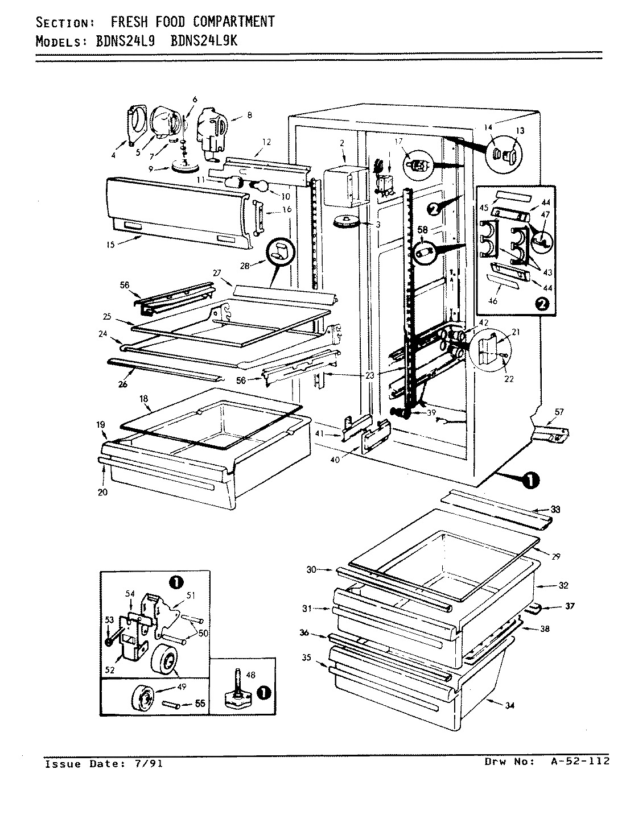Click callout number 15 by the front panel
pos(110,245)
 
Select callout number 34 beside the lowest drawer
pos(510,706)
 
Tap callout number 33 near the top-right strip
pos(555,510)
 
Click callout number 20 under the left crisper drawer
pos(102,493)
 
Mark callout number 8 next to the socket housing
pos(249,115)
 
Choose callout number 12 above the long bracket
pos(266,142)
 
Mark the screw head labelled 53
pos(108,641)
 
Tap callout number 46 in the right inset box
pos(493,301)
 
